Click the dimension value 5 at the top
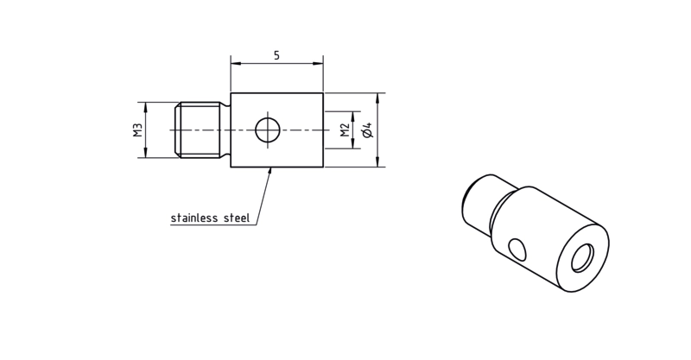click(x=276, y=55)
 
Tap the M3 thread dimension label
click(x=138, y=130)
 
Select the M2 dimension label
click(x=345, y=130)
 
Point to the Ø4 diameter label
click(x=368, y=130)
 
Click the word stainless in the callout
click(x=194, y=218)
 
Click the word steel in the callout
click(x=237, y=218)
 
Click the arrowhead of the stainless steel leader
click(x=270, y=172)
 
